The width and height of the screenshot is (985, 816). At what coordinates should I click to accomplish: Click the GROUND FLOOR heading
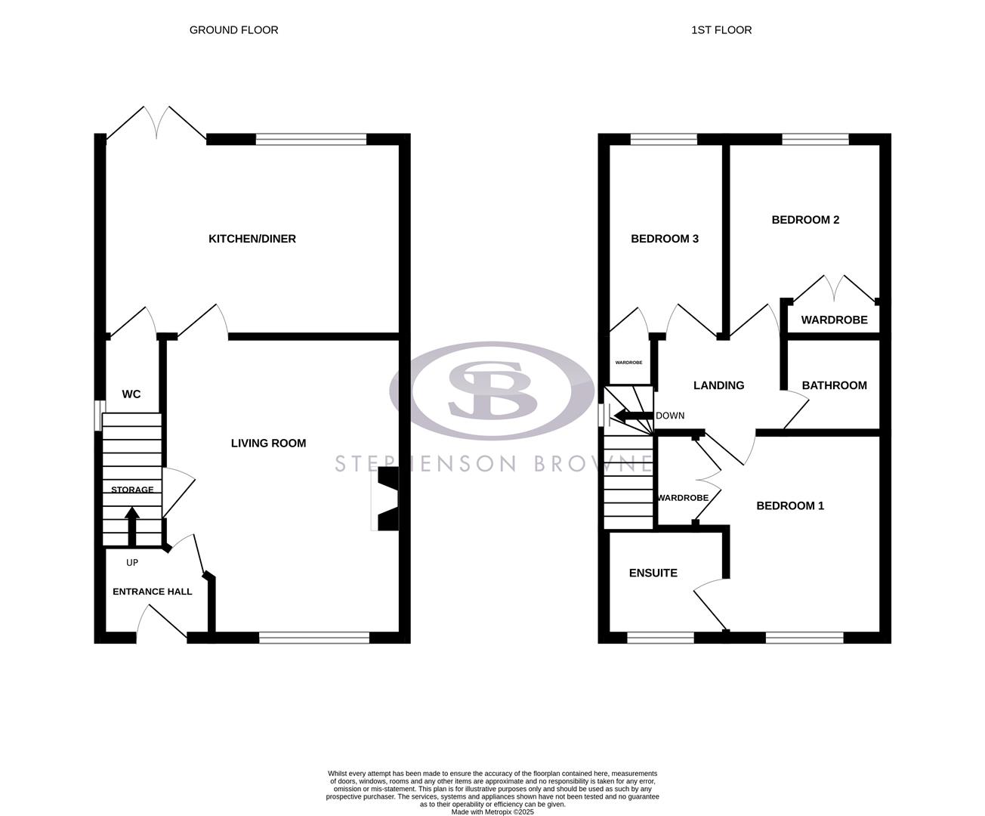click(x=233, y=30)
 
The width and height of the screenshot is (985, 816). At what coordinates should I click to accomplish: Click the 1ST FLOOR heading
click(x=721, y=30)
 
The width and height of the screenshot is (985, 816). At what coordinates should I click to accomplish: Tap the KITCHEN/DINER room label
click(x=252, y=239)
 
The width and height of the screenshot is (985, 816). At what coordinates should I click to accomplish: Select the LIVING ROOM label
click(x=268, y=444)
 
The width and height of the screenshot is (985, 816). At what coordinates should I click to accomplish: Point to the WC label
click(x=131, y=394)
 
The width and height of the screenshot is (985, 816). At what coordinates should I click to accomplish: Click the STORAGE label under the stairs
click(x=132, y=490)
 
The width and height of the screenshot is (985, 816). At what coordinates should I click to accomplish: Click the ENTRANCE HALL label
click(x=152, y=592)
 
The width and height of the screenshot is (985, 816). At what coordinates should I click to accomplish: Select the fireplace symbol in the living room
click(x=388, y=499)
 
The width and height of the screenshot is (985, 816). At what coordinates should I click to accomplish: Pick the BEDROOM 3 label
click(x=665, y=239)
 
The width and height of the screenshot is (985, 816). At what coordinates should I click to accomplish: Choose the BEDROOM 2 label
click(x=805, y=220)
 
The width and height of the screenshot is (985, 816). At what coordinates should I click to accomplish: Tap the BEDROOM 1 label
click(x=790, y=506)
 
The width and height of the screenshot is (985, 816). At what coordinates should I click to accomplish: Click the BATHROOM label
click(x=834, y=385)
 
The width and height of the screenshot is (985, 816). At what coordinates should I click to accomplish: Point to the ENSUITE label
click(x=653, y=573)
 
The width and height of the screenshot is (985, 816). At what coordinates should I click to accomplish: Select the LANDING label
click(x=718, y=385)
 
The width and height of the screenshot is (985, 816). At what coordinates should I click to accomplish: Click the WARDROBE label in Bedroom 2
click(x=834, y=320)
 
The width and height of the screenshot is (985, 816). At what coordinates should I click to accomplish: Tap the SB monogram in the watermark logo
click(x=492, y=389)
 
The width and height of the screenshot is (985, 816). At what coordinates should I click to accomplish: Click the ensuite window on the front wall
click(x=660, y=638)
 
